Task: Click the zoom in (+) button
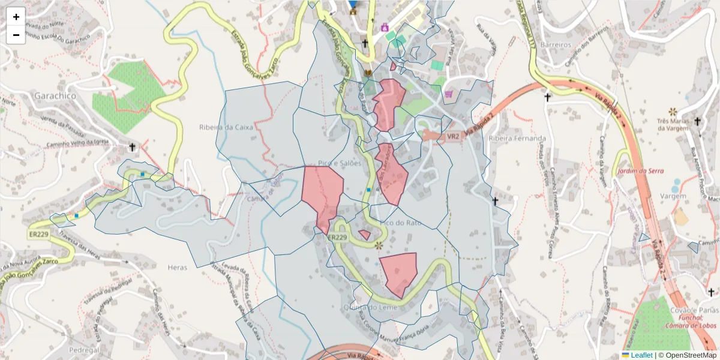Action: [16, 17]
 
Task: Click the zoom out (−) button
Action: [16, 35]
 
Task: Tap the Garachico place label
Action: [55, 95]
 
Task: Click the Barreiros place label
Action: [554, 44]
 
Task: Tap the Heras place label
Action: [178, 268]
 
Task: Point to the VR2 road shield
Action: [452, 136]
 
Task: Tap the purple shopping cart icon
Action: [449, 94]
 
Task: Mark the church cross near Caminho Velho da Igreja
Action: [132, 147]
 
